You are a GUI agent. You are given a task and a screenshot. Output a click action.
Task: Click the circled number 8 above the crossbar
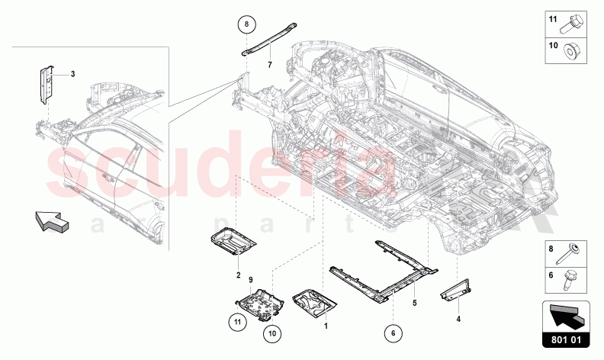click(x=247, y=25)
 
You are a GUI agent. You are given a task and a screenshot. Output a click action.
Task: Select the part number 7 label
click(x=269, y=65)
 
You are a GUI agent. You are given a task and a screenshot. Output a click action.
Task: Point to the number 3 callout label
click(x=72, y=74)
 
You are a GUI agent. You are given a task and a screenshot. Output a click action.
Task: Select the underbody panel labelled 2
click(x=232, y=244)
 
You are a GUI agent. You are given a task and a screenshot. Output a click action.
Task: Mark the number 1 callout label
click(x=326, y=325)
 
